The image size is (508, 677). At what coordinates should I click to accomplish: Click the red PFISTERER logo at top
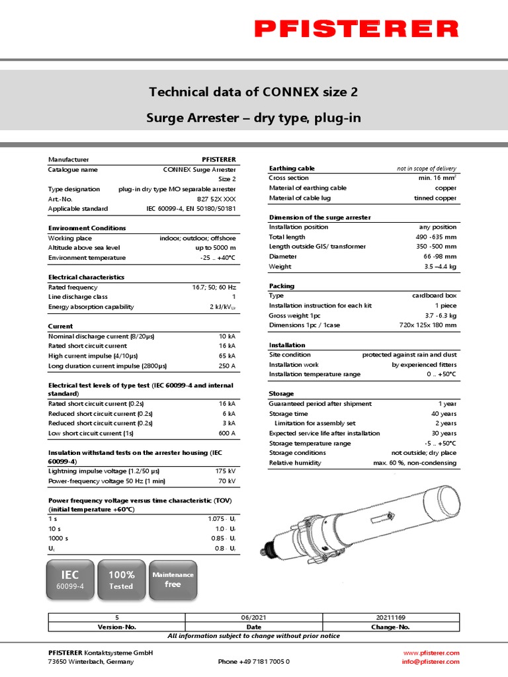click(356, 28)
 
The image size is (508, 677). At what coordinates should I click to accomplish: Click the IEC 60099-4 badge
click(70, 580)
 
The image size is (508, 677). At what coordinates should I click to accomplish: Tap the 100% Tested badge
click(121, 580)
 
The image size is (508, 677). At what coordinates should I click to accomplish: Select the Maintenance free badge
click(173, 580)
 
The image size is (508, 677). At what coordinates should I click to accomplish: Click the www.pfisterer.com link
click(432, 653)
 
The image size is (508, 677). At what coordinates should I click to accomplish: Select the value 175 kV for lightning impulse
click(225, 471)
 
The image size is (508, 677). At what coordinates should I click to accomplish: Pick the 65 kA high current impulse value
click(227, 356)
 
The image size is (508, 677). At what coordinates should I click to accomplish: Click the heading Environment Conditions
click(87, 228)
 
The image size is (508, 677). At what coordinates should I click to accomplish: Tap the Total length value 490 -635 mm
click(436, 237)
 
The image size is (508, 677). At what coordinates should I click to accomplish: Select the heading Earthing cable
click(292, 169)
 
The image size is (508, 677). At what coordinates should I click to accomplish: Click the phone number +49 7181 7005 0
click(254, 661)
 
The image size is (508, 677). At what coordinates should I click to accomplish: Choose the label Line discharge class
click(77, 297)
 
